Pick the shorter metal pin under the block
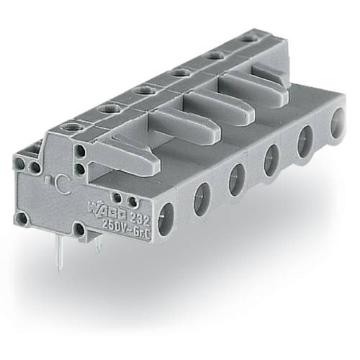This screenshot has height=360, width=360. coord(99,245)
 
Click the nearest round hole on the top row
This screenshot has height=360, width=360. coord(73,128)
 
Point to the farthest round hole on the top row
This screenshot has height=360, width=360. coord(248,37)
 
